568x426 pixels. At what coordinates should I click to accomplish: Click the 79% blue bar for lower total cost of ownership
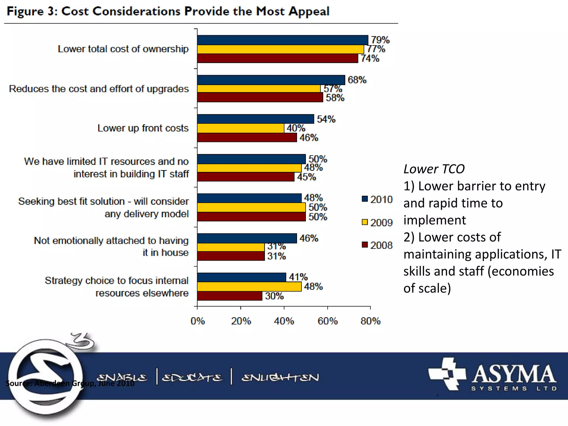coord(282,40)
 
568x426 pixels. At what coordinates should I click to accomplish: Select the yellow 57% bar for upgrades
coord(258,88)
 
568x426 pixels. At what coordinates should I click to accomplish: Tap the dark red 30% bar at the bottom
coord(230,296)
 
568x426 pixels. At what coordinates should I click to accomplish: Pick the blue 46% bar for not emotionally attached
coord(247,238)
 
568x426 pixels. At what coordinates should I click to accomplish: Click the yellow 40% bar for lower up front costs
coord(240,128)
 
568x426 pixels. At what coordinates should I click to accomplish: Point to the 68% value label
coord(357,80)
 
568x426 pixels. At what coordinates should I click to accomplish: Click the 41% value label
coord(298,277)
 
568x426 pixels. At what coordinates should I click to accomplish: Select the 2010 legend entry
coord(377,199)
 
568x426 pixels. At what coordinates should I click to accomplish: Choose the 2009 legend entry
coord(377,222)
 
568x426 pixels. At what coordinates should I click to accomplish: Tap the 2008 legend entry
coord(377,245)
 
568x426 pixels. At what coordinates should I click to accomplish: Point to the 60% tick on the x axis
coord(328,321)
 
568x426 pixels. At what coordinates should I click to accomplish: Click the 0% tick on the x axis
coord(197,321)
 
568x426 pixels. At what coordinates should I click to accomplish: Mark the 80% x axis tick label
coord(371,321)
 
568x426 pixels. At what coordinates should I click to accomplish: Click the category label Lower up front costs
coord(143,128)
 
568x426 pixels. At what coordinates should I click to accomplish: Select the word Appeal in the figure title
coord(308,12)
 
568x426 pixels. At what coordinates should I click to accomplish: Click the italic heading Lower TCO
coord(434,169)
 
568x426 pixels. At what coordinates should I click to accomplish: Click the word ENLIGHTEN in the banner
coord(280,377)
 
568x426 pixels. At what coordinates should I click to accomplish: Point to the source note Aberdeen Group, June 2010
coord(70,383)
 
